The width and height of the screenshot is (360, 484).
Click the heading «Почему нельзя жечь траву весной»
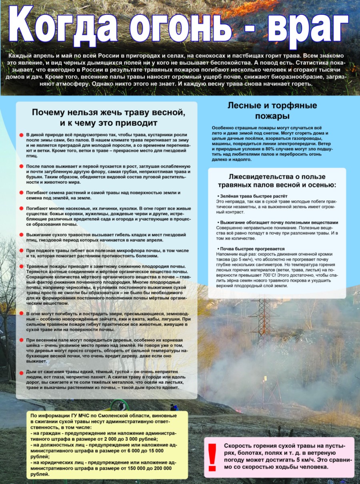pos(108,112)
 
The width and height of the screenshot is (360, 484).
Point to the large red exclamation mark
pos(212,457)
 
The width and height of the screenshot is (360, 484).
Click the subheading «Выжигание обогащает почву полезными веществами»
pos(278,222)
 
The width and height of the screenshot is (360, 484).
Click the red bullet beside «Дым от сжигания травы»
pos(21,372)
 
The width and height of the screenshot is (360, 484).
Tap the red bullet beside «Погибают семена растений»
pos(21,193)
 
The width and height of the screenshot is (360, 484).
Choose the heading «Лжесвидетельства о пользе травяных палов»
pos(277,181)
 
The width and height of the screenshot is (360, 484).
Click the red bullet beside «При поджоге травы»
pos(21,251)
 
